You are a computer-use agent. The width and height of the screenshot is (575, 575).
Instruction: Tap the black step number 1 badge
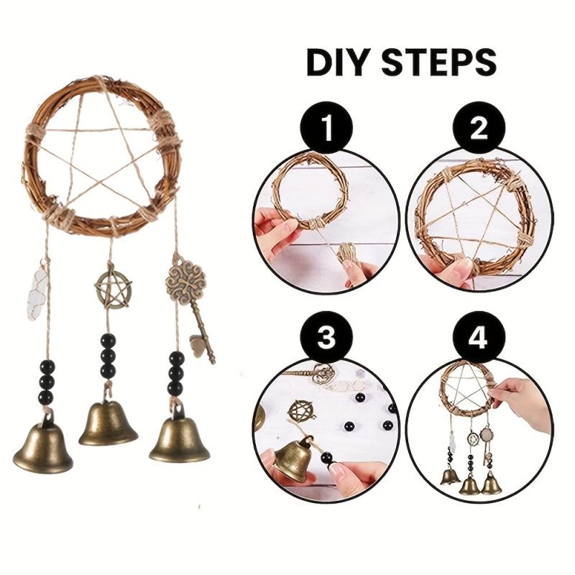click(326, 129)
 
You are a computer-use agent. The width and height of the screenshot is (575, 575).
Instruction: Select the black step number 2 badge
click(479, 129)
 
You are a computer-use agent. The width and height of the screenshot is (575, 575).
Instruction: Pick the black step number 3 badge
click(326, 336)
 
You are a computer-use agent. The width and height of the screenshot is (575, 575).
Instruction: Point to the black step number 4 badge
click(479, 336)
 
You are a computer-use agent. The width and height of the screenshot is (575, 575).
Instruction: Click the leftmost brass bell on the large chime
click(43, 443)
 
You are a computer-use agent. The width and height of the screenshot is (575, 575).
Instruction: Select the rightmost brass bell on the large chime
click(179, 436)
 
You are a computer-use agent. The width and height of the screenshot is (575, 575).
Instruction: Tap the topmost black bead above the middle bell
click(108, 341)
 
